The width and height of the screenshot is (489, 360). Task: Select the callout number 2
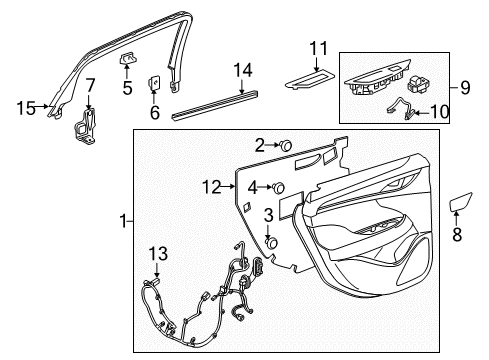[x=258, y=144]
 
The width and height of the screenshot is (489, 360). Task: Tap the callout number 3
[x=269, y=215]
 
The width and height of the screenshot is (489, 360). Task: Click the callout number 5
[x=127, y=87]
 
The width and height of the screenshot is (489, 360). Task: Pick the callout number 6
[x=155, y=113]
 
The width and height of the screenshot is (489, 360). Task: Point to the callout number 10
[x=444, y=113]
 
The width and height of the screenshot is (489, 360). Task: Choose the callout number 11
[x=318, y=48]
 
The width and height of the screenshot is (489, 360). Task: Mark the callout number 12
[x=210, y=186]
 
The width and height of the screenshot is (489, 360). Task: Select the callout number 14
[x=240, y=68]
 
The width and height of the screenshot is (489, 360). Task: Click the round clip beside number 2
[x=285, y=145]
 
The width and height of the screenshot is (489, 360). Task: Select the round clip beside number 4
[x=278, y=187]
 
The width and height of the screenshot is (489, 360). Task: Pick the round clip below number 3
[x=270, y=241]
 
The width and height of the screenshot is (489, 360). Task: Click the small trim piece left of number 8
[x=460, y=205]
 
